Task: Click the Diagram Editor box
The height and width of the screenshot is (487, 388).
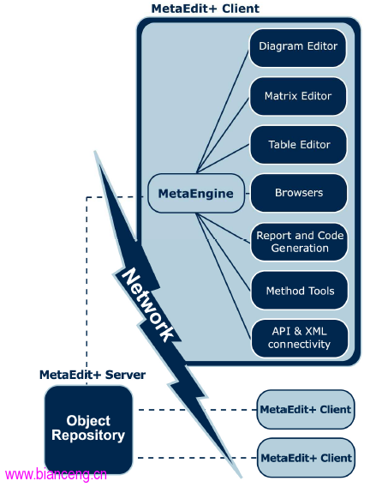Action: pos(298,48)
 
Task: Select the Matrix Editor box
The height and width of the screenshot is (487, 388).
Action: pos(298,96)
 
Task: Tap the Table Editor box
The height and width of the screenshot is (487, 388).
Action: pos(298,145)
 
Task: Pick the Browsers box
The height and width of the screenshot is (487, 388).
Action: pos(299,193)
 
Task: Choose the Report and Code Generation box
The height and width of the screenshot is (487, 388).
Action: pos(299,242)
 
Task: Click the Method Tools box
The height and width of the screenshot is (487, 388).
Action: pos(299,291)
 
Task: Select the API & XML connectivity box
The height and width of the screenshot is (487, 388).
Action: pos(300,339)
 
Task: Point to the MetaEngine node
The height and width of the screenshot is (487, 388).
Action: pos(196,193)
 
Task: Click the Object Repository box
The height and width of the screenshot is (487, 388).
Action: pos(89,430)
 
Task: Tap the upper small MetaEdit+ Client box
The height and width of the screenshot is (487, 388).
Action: pos(306,409)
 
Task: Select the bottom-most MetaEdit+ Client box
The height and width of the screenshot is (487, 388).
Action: pos(307,458)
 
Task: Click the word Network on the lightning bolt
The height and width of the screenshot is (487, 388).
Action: pos(147,304)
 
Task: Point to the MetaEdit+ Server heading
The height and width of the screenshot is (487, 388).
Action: pos(93,375)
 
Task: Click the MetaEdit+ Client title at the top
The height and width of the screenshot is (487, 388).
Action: pos(206,9)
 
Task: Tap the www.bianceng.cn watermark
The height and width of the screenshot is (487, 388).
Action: pos(57,475)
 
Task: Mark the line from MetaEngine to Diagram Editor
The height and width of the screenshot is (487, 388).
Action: pos(223,111)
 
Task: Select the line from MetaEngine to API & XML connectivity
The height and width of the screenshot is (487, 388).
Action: pos(224,276)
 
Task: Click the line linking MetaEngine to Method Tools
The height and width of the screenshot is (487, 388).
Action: pos(224,252)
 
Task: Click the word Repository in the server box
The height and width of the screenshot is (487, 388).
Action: pos(88,436)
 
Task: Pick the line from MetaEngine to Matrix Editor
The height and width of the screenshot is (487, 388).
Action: pos(223,135)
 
